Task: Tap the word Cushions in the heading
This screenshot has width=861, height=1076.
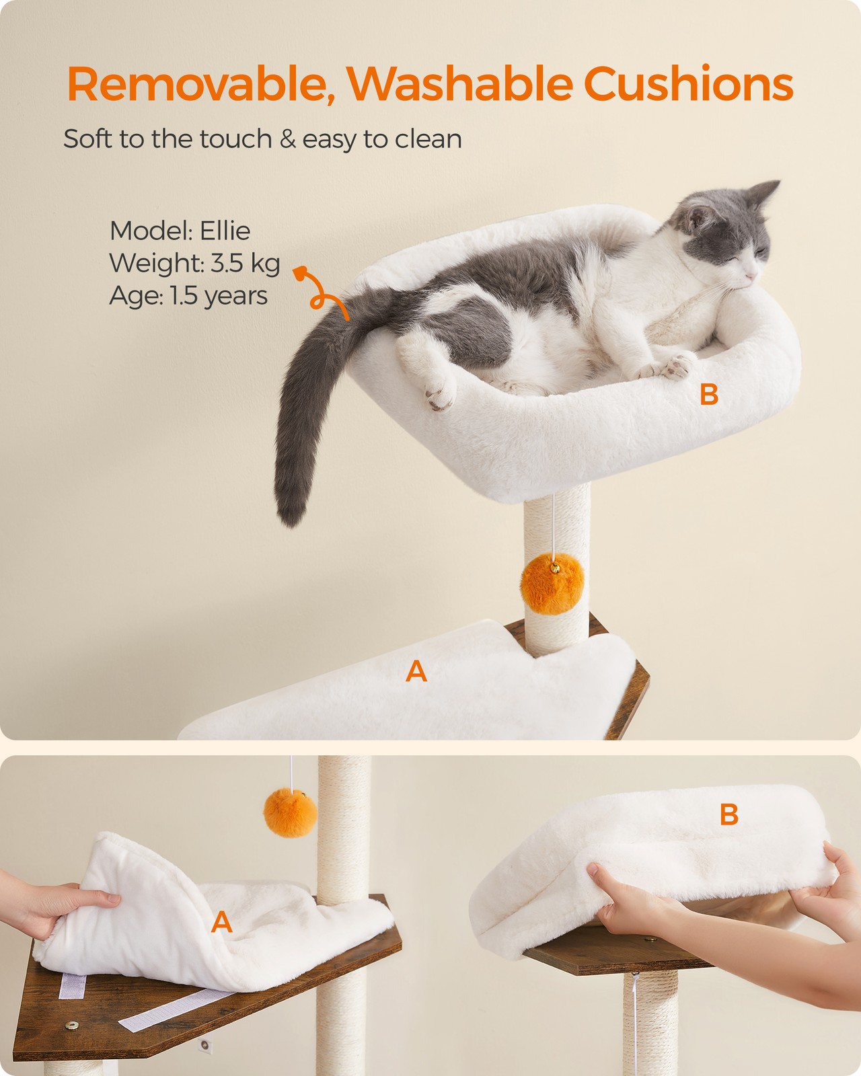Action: click(x=688, y=83)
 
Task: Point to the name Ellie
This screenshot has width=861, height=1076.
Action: click(x=225, y=231)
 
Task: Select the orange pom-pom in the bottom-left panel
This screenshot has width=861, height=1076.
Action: click(x=290, y=812)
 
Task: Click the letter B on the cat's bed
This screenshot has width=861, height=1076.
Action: click(x=709, y=395)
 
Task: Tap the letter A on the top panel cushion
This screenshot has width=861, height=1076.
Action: click(x=416, y=672)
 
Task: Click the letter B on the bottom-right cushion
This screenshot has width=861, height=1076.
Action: click(x=729, y=814)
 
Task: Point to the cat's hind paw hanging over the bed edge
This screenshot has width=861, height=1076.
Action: click(x=441, y=393)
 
